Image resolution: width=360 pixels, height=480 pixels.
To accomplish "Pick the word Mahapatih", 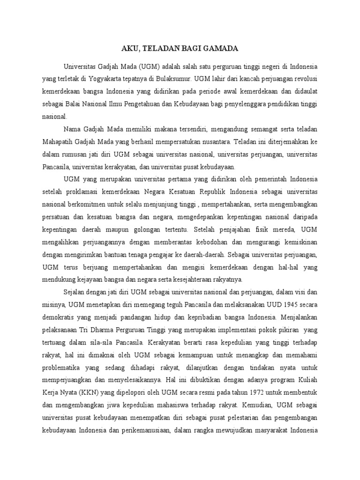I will coord(58,142).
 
